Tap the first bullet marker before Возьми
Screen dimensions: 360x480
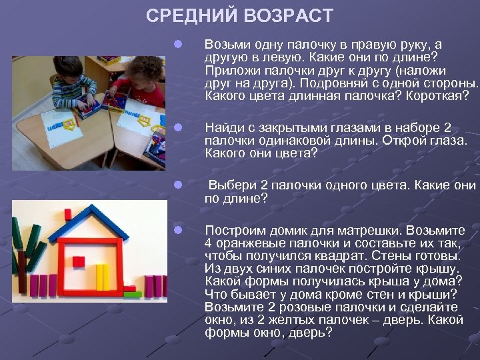177,45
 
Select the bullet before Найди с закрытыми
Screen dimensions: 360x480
177,127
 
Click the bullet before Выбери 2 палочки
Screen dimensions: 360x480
177,185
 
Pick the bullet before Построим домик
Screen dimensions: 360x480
177,230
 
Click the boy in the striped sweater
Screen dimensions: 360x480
72,83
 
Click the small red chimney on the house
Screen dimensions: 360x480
67,213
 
